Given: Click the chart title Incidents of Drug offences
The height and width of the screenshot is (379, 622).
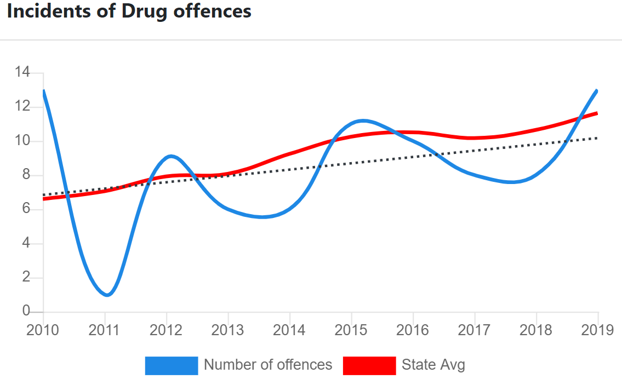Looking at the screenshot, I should tap(129, 12).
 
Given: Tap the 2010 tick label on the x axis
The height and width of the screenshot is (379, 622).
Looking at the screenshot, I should tap(43, 331).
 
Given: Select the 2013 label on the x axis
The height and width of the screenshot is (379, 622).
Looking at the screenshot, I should tap(227, 331).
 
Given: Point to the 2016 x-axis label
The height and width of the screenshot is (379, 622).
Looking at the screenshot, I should tap(413, 331).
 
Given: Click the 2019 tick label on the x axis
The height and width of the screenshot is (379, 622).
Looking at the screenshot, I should tap(597, 331).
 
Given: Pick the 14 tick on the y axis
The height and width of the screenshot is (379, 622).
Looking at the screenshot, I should tap(22, 72).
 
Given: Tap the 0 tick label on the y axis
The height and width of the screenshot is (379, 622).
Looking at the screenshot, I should tap(26, 311).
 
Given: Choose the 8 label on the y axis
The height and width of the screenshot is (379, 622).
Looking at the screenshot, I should tap(26, 175).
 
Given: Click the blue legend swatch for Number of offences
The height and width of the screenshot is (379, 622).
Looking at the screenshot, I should tap(171, 365).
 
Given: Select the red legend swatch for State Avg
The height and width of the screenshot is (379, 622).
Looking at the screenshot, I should tap(369, 365).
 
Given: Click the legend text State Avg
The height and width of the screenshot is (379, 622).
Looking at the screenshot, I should tap(433, 365).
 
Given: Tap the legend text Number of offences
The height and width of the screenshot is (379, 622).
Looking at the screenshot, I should tap(268, 365).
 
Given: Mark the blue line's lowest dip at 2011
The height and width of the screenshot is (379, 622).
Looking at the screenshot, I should tap(107, 295).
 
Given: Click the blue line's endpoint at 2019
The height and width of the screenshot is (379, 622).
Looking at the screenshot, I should tap(597, 91).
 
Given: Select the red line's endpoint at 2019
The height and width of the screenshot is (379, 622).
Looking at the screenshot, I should tap(597, 113).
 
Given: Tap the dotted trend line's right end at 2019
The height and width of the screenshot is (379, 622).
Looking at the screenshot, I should tap(597, 138).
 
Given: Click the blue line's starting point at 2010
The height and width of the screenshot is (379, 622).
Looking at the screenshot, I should tap(43, 91).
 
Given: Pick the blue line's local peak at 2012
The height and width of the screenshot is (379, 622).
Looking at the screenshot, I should tap(171, 156).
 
